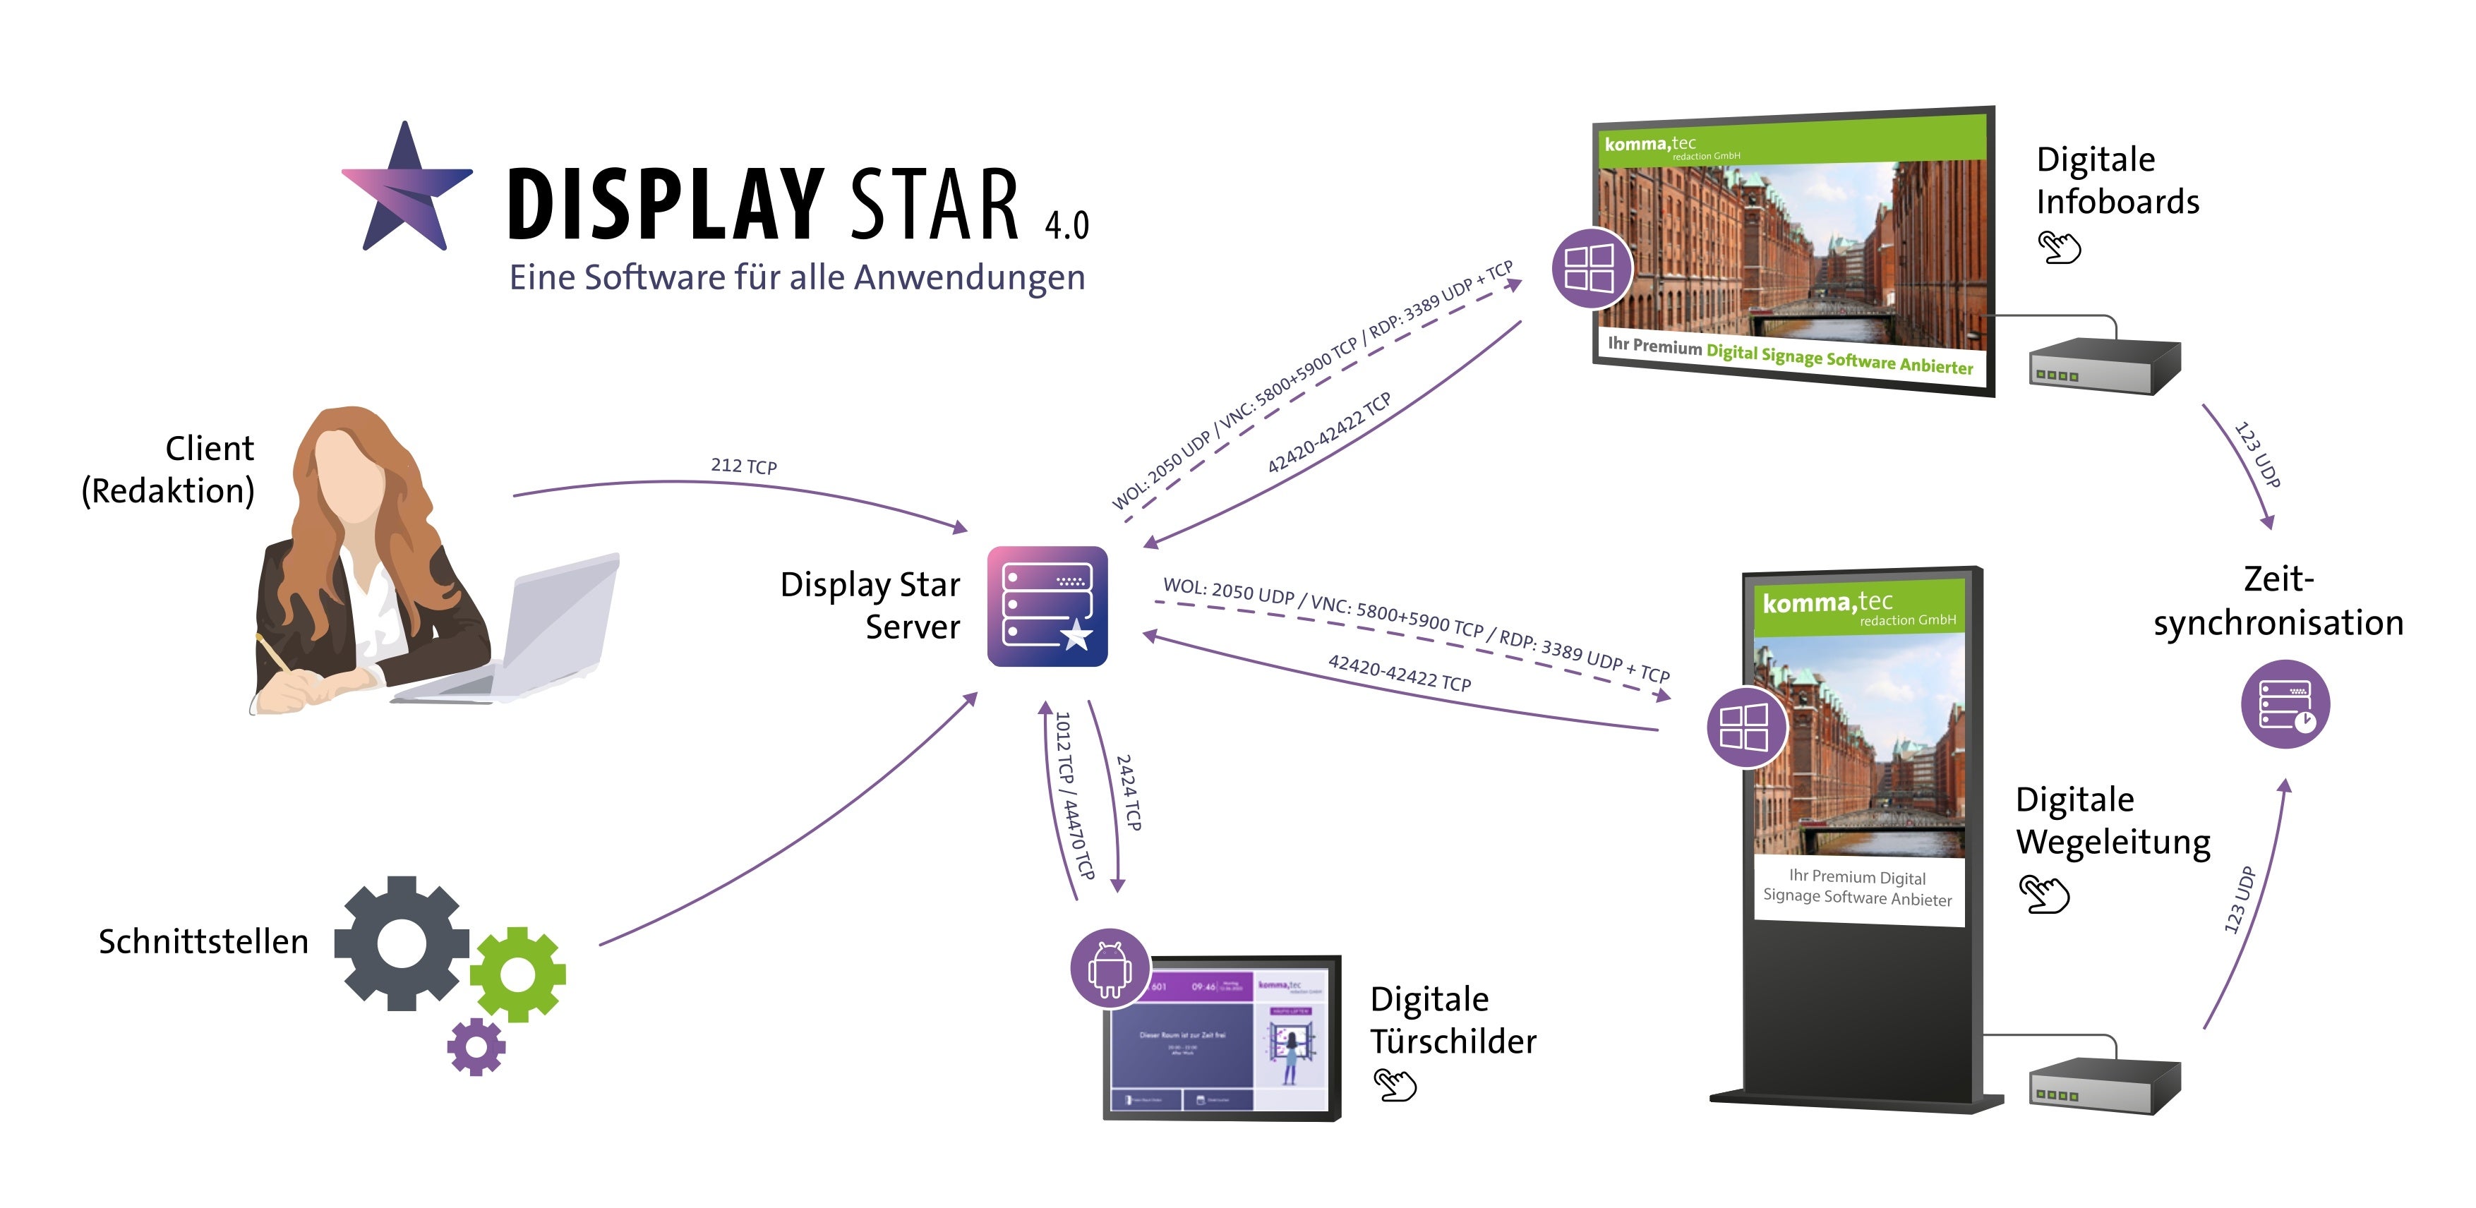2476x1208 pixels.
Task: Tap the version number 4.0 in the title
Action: pos(1067,225)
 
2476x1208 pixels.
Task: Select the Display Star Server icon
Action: pos(1047,606)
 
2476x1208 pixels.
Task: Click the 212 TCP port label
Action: pos(744,466)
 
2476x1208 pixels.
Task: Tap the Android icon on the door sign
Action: pos(1110,968)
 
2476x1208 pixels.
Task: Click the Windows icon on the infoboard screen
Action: pos(1591,268)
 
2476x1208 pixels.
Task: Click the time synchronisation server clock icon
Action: pos(2285,704)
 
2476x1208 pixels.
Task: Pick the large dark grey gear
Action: pos(402,943)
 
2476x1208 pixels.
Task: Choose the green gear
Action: pos(518,974)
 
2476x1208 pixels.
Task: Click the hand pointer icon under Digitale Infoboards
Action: pos(2059,247)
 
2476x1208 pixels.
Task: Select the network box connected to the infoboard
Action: pos(2103,366)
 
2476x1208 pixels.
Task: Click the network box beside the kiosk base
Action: pos(2103,1086)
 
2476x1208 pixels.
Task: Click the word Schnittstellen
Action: pos(204,942)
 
